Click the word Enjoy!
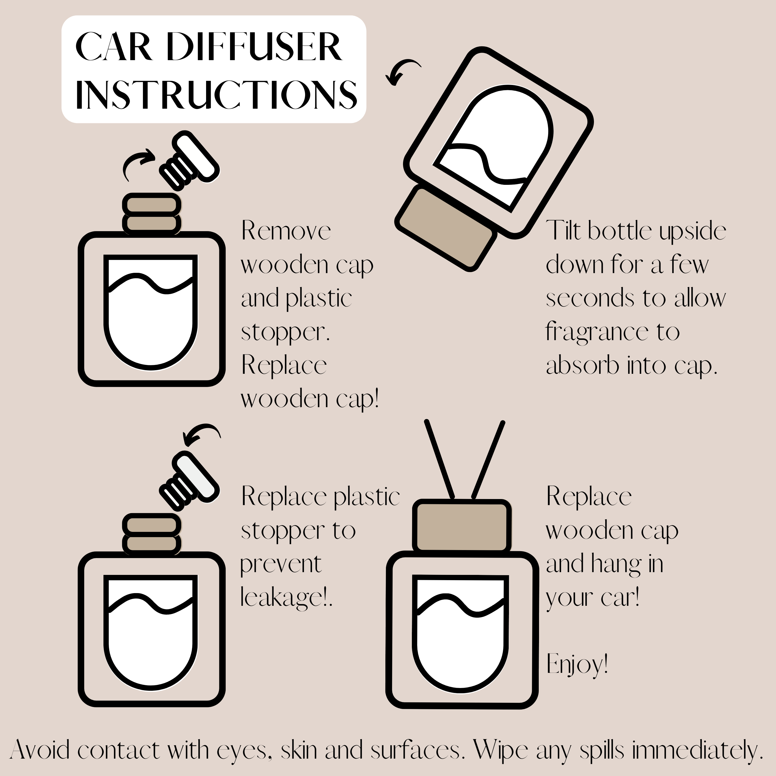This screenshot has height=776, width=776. tap(577, 665)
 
